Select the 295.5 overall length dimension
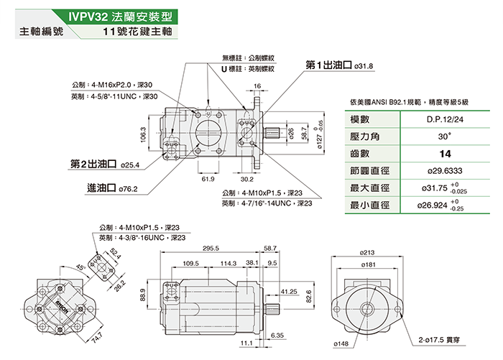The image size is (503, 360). coord(211,249)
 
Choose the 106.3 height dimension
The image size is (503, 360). coord(143,134)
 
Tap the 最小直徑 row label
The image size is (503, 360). coord(369,206)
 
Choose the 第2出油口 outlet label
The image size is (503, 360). coord(93,165)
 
